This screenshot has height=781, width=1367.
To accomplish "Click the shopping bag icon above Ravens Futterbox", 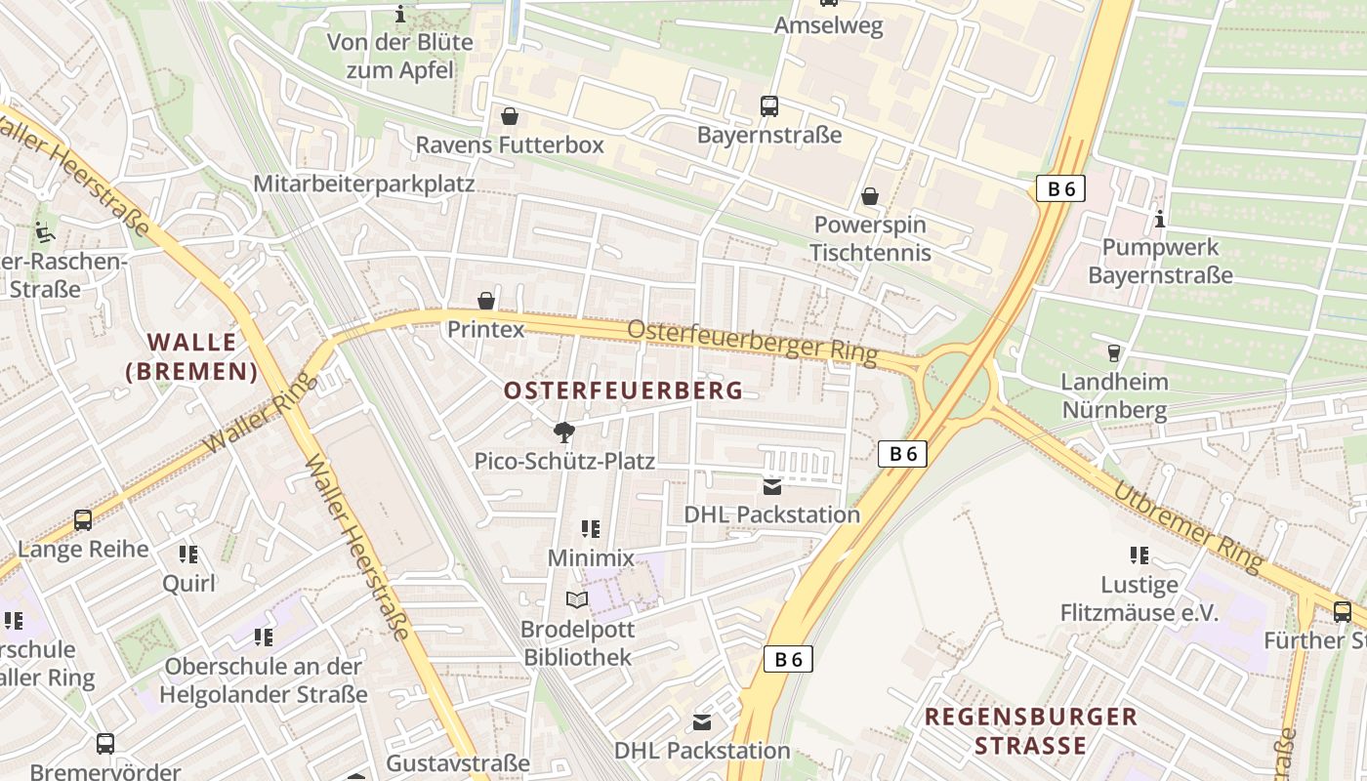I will click(509, 117).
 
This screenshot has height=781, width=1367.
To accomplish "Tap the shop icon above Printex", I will click(485, 301).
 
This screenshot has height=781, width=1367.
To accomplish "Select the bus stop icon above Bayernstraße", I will click(769, 105).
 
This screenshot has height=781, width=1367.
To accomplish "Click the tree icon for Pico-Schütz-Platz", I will click(563, 432).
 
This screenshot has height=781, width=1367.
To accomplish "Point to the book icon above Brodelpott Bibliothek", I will click(577, 599).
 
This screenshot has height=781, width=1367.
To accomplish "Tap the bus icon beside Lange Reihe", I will click(83, 520).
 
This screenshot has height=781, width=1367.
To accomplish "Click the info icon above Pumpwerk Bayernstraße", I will click(1160, 219).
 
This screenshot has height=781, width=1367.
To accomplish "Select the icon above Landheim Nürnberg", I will click(1113, 352).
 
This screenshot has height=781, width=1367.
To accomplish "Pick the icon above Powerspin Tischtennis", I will click(870, 197).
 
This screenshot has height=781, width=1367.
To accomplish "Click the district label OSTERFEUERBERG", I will click(623, 390).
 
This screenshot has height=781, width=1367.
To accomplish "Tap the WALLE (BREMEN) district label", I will click(192, 356).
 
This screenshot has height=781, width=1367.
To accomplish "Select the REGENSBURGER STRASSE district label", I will click(1031, 731).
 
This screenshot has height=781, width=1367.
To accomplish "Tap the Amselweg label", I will click(828, 26).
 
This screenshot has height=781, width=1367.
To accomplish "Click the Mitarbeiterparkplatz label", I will click(363, 184).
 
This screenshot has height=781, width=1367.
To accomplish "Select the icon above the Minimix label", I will click(590, 529).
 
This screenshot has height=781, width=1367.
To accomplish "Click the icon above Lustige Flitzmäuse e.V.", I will click(1139, 555).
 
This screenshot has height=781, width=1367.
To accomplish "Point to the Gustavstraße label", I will click(458, 762).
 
